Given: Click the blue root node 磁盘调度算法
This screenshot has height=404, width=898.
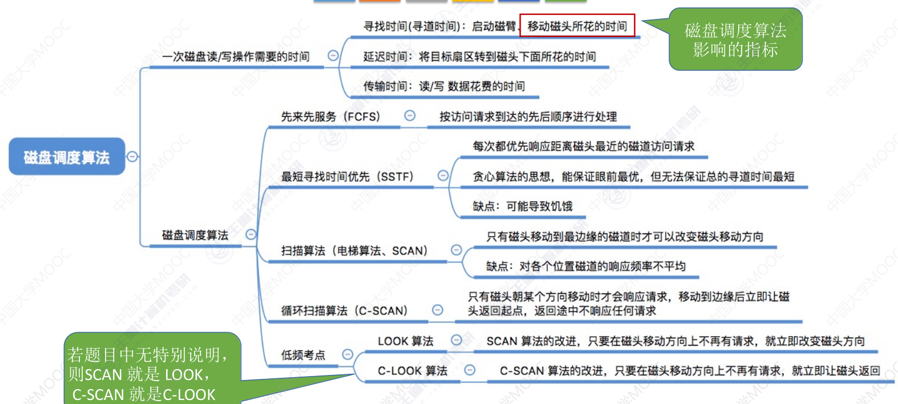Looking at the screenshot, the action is click(67, 157).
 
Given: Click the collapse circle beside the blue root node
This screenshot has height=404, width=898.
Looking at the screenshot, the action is click(132, 156).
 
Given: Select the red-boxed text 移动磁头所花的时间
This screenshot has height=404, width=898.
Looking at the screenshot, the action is click(577, 26).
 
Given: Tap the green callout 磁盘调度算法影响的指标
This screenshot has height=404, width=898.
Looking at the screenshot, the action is click(735, 39).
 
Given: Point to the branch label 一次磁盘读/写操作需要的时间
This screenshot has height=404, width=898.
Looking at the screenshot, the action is click(236, 56).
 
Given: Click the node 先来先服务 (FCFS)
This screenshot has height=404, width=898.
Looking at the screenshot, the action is click(330, 117).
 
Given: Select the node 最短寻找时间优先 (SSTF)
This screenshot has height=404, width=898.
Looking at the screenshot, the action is click(347, 177).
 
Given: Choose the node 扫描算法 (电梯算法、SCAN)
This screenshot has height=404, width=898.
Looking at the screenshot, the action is click(354, 251).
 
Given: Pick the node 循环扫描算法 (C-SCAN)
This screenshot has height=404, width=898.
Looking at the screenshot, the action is click(344, 311).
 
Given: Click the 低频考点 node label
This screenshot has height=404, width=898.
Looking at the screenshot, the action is click(303, 355).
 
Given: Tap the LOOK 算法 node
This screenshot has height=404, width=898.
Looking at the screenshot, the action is click(405, 341).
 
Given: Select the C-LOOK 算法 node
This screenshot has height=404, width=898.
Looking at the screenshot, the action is click(412, 371).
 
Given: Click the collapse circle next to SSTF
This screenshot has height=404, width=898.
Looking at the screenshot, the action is click(443, 176).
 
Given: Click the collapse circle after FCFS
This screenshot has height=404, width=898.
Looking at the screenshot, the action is click(410, 116).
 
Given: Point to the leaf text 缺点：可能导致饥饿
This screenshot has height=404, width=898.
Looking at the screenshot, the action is click(522, 207).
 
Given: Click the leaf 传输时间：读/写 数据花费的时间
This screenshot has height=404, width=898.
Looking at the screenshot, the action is click(444, 86).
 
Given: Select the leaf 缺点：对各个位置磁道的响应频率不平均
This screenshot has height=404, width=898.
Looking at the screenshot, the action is click(586, 266).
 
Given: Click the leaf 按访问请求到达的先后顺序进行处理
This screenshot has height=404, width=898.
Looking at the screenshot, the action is click(528, 117).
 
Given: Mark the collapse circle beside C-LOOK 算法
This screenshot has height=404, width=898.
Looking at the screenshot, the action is click(470, 370).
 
